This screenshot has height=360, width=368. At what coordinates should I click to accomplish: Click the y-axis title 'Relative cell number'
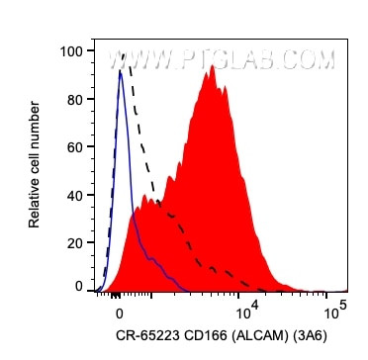(x=37, y=168)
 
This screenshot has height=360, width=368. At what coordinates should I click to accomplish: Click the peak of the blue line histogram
(x=120, y=71)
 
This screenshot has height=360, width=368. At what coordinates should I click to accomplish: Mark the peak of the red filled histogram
(x=213, y=79)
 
